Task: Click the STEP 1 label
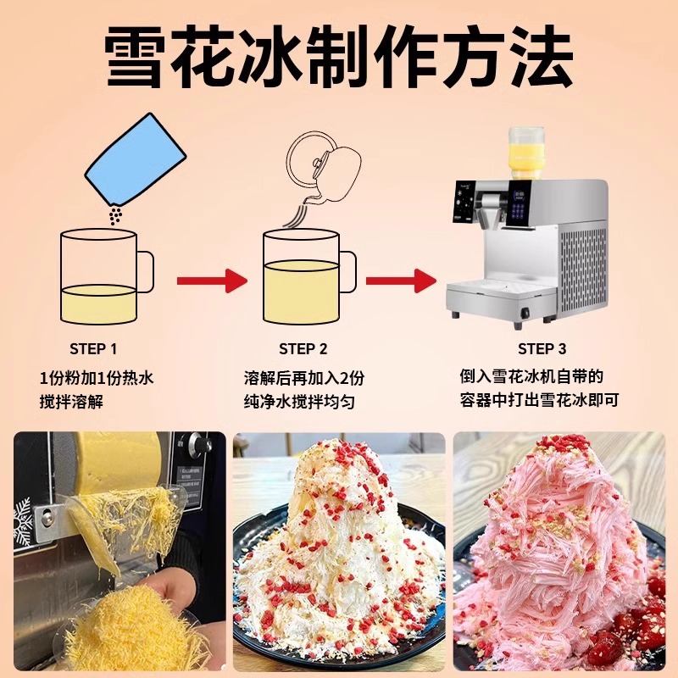(93, 348)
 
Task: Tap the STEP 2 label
(303, 348)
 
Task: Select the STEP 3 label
(542, 348)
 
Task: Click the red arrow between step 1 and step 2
(212, 281)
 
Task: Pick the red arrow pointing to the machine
(401, 281)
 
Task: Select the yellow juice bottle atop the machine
(526, 153)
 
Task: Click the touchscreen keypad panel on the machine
(522, 203)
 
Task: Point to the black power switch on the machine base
(525, 311)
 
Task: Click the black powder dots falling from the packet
(115, 214)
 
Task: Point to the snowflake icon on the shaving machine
(23, 522)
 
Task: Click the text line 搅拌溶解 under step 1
(71, 402)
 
